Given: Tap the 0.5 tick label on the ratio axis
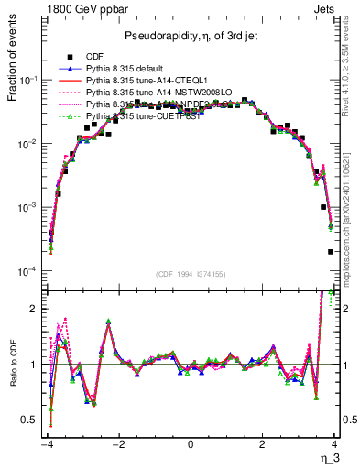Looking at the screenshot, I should pyautogui.click(x=33, y=420).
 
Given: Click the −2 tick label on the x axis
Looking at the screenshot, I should pyautogui.click(x=117, y=444).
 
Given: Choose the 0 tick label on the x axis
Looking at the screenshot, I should pyautogui.click(x=190, y=444).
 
